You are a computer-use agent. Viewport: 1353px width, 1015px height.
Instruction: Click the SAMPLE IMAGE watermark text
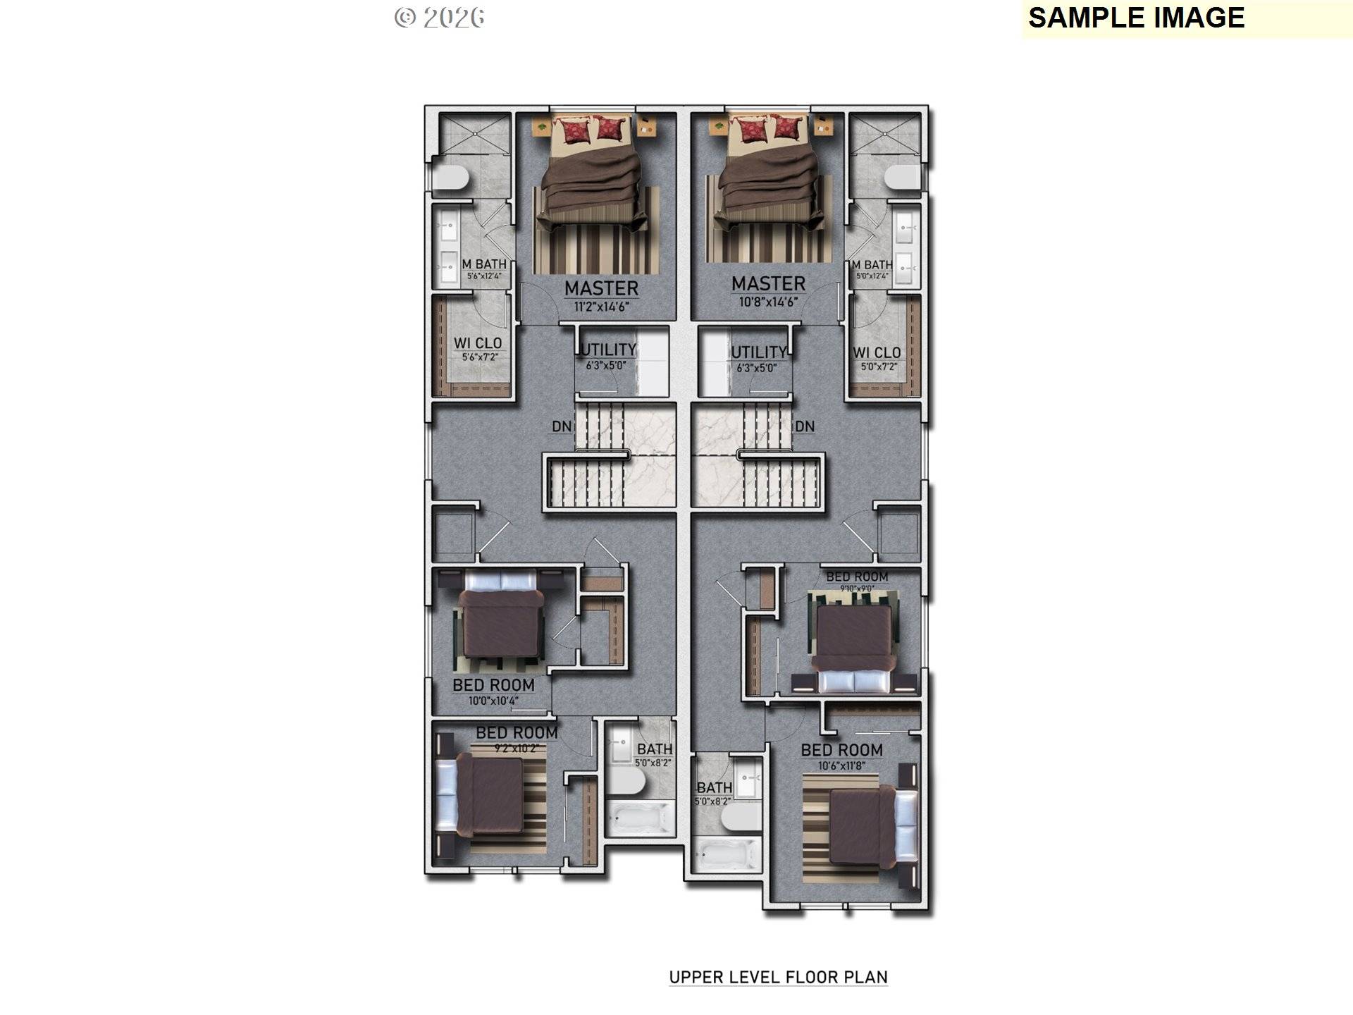[1136, 18]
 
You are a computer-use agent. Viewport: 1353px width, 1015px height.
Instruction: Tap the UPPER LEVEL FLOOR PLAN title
[778, 977]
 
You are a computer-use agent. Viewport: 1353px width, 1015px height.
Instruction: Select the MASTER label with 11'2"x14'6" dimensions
[601, 288]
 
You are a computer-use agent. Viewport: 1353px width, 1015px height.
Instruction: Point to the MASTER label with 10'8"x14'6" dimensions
[768, 284]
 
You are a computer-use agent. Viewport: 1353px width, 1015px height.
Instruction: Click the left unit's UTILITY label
[607, 350]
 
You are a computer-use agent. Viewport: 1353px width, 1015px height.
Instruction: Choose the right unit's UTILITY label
[758, 352]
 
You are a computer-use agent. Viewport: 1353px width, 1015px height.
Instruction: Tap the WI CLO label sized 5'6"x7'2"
[478, 343]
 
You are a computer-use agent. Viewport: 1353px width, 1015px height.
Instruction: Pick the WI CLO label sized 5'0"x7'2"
[877, 352]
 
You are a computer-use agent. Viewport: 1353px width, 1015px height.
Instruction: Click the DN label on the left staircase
[561, 426]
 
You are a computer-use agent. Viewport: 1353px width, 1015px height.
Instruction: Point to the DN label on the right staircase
[805, 426]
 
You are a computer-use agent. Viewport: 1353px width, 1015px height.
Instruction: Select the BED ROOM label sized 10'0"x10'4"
[493, 685]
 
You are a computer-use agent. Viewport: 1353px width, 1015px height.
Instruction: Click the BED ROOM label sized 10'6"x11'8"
[841, 750]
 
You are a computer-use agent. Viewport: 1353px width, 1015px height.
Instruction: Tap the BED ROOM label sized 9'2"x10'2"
[517, 733]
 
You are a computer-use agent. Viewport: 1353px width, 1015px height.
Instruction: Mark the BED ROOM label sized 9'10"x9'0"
[857, 577]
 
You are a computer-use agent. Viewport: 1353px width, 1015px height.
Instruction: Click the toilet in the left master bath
[450, 177]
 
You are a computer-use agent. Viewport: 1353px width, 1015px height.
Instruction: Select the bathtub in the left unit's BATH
[640, 818]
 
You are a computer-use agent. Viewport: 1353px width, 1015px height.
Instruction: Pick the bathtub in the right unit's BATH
[727, 854]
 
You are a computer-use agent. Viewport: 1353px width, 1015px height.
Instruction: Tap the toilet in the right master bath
[903, 177]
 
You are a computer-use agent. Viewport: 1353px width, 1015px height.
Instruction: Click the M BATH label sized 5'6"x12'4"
[483, 264]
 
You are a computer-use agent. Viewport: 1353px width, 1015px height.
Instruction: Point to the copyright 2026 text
[439, 18]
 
